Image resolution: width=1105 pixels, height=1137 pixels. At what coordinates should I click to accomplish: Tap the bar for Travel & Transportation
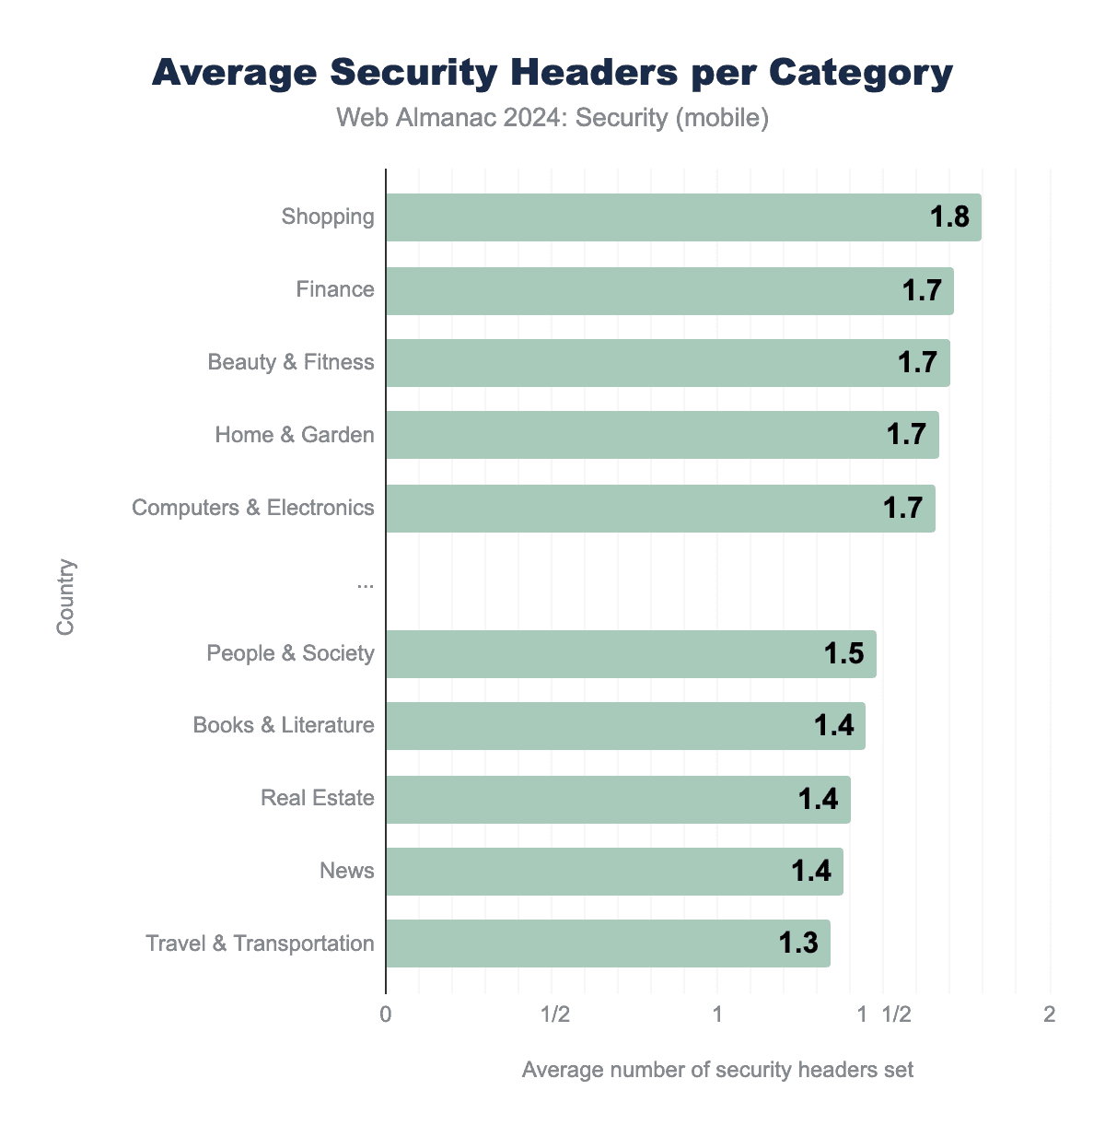(608, 944)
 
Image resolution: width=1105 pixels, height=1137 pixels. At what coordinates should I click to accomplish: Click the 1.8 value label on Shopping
(949, 217)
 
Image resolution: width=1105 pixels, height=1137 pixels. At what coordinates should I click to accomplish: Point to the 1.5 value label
(843, 654)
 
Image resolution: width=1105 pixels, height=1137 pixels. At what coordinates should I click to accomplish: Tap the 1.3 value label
(798, 944)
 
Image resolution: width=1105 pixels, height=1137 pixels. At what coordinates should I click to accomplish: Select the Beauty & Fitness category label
(291, 362)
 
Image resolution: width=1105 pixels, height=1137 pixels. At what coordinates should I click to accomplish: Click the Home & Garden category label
(295, 435)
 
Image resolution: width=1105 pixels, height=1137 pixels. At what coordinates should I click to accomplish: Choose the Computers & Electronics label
(253, 508)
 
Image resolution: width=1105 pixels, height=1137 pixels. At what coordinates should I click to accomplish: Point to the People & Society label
(290, 653)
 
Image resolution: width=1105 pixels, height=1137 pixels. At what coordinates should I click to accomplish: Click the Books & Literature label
(284, 725)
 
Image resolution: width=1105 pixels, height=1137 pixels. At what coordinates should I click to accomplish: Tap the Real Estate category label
(318, 798)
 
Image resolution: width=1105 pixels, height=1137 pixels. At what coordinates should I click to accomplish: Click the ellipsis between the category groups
(366, 582)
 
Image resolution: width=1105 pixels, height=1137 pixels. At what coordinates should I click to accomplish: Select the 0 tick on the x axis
(386, 1015)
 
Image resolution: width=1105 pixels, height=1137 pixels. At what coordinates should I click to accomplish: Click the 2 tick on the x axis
(1049, 1015)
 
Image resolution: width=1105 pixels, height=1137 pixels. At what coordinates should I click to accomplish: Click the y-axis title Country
(65, 597)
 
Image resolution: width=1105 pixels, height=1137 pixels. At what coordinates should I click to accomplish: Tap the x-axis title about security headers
(717, 1070)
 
